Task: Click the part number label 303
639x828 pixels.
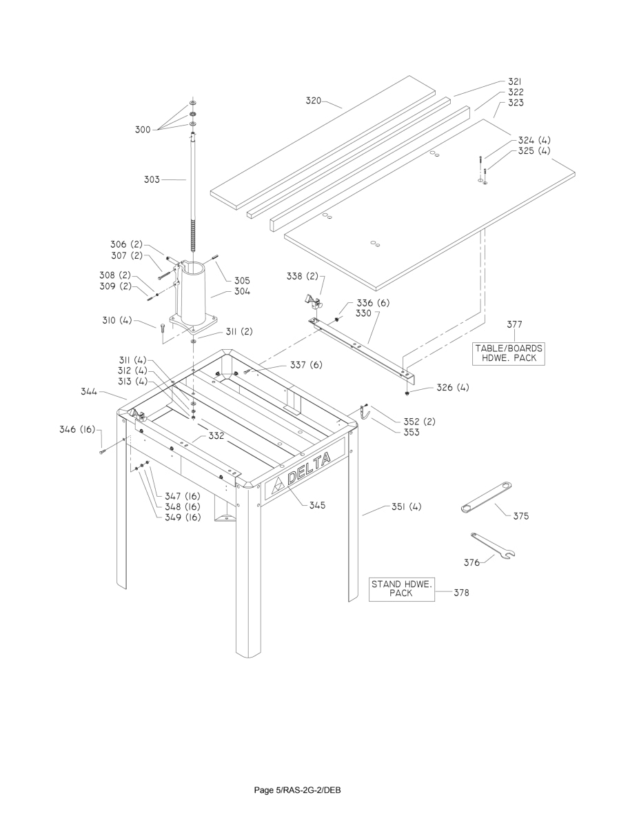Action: pos(151,179)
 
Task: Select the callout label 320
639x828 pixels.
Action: pos(314,100)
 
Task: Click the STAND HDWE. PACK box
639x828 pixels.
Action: pos(402,589)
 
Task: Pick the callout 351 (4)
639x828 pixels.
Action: pos(405,507)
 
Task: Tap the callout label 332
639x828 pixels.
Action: pos(217,436)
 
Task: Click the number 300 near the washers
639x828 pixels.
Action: pos(143,129)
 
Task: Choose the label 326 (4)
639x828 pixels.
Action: pos(452,388)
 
